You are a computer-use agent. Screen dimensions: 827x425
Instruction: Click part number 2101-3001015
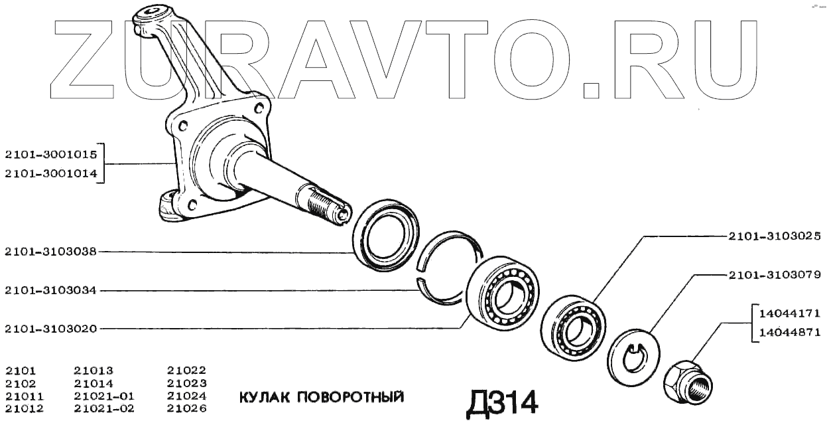pyautogui.click(x=50, y=154)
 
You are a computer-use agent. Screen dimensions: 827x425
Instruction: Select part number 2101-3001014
pyautogui.click(x=50, y=174)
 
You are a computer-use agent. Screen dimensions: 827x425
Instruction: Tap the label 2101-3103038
pyautogui.click(x=50, y=252)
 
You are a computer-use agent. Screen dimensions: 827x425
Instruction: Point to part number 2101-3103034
pyautogui.click(x=50, y=290)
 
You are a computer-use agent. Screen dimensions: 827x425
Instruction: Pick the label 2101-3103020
pyautogui.click(x=50, y=328)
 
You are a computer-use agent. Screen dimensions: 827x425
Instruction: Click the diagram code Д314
pyautogui.click(x=501, y=401)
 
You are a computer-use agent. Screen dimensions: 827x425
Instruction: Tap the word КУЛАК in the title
pyautogui.click(x=263, y=398)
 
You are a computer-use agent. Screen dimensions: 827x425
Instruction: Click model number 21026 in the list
pyautogui.click(x=186, y=408)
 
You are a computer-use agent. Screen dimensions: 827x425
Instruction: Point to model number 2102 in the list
pyautogui.click(x=20, y=383)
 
